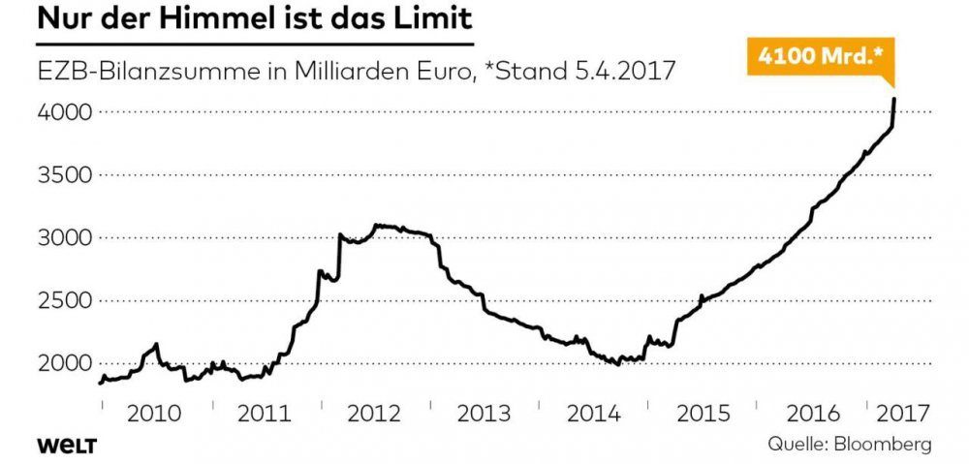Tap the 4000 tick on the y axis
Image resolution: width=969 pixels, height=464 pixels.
(x=65, y=112)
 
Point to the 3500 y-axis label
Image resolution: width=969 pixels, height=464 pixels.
(x=65, y=175)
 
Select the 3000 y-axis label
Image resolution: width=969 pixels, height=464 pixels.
(x=65, y=238)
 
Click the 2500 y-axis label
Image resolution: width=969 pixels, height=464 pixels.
(x=65, y=300)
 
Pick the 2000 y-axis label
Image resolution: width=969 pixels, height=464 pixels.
(x=65, y=363)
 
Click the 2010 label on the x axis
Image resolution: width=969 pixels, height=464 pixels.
(x=155, y=413)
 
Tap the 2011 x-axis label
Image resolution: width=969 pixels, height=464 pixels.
(x=265, y=413)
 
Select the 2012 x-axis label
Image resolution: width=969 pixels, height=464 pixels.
(x=374, y=413)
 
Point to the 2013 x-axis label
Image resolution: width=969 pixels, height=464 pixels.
(x=484, y=413)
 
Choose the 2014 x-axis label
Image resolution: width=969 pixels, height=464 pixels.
(x=593, y=413)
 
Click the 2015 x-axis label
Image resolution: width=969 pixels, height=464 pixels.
(x=703, y=413)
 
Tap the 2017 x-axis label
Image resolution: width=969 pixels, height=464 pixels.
(x=900, y=413)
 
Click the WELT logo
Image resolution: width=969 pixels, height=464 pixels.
(x=69, y=445)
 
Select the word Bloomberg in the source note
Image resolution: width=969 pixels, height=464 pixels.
(x=883, y=445)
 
